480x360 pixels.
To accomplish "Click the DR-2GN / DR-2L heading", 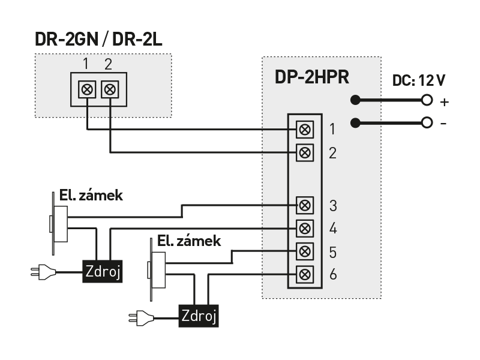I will [x=98, y=40].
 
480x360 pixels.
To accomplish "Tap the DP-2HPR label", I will [x=312, y=77].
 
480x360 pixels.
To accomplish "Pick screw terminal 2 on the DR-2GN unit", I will [x=110, y=90].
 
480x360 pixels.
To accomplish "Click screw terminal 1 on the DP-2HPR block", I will [x=305, y=129].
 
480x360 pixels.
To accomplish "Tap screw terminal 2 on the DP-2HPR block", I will [x=305, y=152].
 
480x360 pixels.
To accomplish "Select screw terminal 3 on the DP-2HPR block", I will [x=305, y=205].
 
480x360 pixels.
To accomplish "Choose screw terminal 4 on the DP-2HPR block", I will [x=305, y=228].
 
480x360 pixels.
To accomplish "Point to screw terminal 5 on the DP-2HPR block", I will [x=305, y=251].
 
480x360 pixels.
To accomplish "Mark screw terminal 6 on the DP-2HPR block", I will [x=305, y=274].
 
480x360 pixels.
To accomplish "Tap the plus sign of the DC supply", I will [x=444, y=101].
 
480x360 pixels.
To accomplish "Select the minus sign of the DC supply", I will [x=443, y=124].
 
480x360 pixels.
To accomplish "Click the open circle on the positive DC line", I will [x=427, y=100].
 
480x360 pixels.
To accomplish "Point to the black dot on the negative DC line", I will [x=356, y=123].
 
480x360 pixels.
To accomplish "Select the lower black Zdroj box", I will [x=199, y=315].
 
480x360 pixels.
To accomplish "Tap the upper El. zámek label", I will [x=91, y=196].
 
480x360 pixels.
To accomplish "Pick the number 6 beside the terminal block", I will [x=334, y=274].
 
